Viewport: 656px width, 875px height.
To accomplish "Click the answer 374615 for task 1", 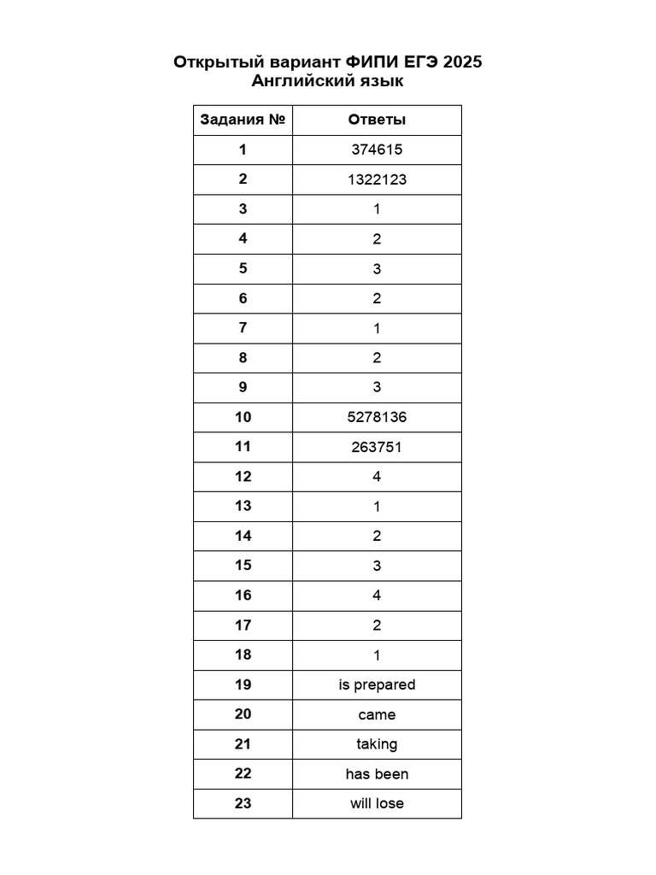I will coord(377,150).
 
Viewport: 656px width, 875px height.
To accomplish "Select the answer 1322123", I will coord(377,179).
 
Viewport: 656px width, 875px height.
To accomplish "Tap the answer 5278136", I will coord(377,417).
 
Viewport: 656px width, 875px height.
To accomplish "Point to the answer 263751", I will coord(377,447).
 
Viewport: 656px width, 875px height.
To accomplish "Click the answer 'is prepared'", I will coord(377,684).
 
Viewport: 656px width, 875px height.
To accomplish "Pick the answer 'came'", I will coord(377,714).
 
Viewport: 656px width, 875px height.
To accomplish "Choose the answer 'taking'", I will coord(377,744).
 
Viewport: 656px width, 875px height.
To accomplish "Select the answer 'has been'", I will coord(377,774).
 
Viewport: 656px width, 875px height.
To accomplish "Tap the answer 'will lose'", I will coord(377,803).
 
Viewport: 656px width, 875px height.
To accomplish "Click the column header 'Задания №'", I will coord(243,120).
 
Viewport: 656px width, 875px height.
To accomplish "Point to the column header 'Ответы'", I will coord(377,120).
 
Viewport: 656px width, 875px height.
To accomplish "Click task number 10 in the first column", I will coord(243,417).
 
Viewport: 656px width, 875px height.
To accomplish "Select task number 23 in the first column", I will coord(243,803).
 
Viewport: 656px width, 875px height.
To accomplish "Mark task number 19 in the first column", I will coord(243,684).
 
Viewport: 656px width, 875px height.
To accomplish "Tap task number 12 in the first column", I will coord(243,477).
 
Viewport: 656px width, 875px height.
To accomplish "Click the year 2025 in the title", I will coord(462,62).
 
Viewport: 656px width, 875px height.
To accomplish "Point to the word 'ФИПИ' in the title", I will coord(371,62).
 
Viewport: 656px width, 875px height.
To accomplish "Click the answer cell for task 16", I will coord(377,596).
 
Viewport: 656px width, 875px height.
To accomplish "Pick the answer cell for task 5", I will coord(377,268).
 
